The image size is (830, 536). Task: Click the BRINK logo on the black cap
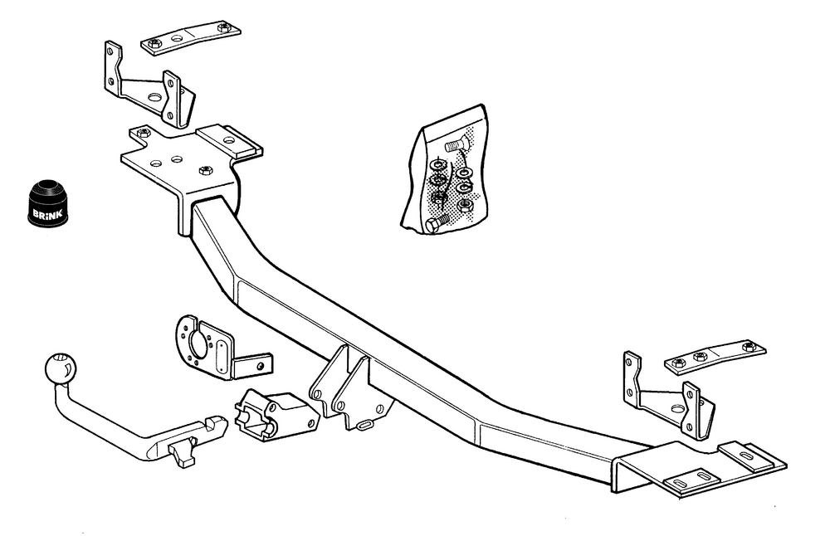[x=47, y=214]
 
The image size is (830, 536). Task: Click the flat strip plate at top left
[x=191, y=37]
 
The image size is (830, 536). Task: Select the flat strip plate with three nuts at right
[x=715, y=358]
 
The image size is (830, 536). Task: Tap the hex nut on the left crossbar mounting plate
[x=205, y=170]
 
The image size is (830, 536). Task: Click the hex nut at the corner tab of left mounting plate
[x=142, y=132]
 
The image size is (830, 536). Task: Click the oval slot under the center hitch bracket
[x=366, y=424]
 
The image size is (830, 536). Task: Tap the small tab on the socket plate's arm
[x=253, y=364]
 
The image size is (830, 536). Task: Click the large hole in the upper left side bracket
[x=155, y=98]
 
